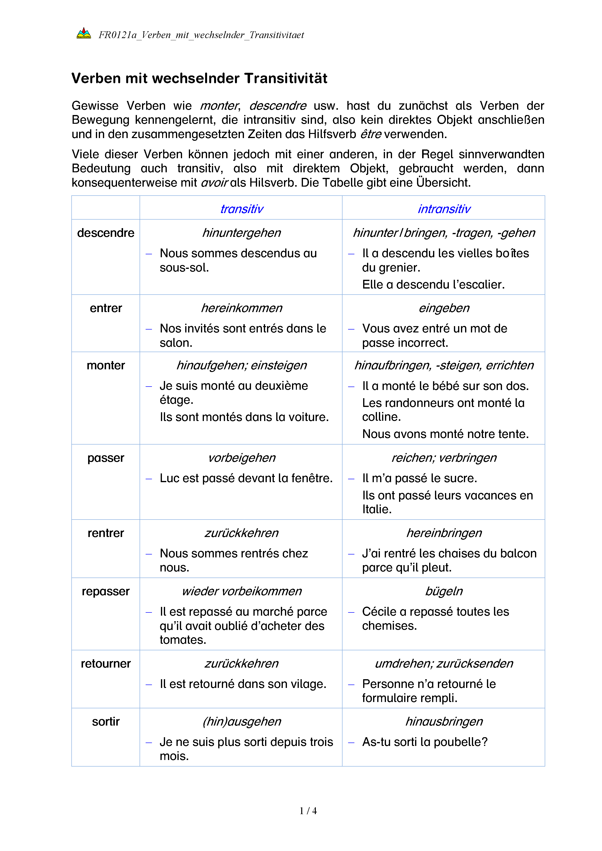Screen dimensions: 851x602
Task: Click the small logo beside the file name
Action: pyautogui.click(x=84, y=34)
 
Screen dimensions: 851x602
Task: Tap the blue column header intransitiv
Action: pyautogui.click(x=444, y=209)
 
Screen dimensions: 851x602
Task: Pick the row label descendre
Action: pyautogui.click(x=106, y=233)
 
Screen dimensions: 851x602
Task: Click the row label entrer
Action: pyautogui.click(x=106, y=308)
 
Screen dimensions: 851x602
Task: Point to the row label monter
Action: pyautogui.click(x=106, y=365)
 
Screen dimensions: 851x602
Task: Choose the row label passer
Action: pyautogui.click(x=106, y=458)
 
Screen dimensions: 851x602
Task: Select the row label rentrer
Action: pyautogui.click(x=106, y=533)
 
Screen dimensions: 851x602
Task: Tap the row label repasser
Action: pyautogui.click(x=106, y=591)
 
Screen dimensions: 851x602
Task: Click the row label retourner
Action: pyautogui.click(x=106, y=663)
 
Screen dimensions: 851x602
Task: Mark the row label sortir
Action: pyautogui.click(x=106, y=721)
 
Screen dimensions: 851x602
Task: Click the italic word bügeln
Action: pyautogui.click(x=444, y=591)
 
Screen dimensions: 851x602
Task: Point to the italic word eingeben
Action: pyautogui.click(x=444, y=308)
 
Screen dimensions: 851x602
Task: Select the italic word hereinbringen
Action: pyautogui.click(x=444, y=533)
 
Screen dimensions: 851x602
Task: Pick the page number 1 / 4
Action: pyautogui.click(x=308, y=811)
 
